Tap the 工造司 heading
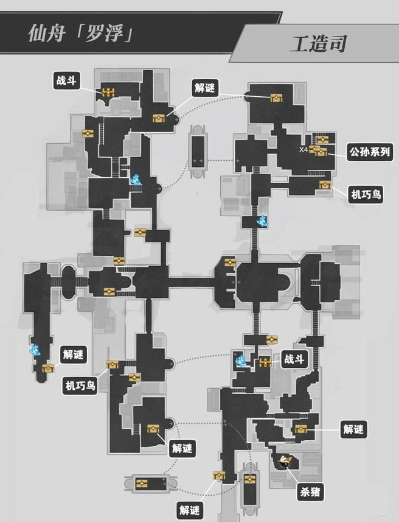point(319,44)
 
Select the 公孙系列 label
point(369,152)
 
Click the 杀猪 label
point(310,492)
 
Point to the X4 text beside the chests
point(304,149)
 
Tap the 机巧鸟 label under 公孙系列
point(366,194)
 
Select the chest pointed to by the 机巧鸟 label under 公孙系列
point(325,185)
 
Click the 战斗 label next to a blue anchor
point(294,359)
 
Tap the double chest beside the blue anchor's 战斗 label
point(265,362)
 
